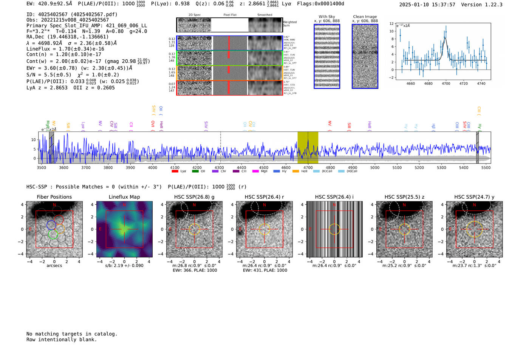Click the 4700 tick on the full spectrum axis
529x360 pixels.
[308, 167]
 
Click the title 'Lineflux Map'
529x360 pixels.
[124, 197]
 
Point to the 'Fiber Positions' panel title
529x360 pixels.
[54, 197]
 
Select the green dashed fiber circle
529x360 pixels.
[53, 235]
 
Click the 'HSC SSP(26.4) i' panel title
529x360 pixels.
[334, 197]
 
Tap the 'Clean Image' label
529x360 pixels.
[365, 17]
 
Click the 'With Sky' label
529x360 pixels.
[326, 17]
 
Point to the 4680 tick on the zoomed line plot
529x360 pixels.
[428, 83]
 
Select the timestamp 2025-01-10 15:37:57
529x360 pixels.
[427, 5]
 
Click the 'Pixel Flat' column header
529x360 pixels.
[230, 15]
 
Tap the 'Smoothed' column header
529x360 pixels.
[264, 15]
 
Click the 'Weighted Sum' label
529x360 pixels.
[289, 24]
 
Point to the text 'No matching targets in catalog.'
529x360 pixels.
[72, 334]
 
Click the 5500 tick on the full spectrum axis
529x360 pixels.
[486, 167]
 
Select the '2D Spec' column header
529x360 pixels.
[194, 15]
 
